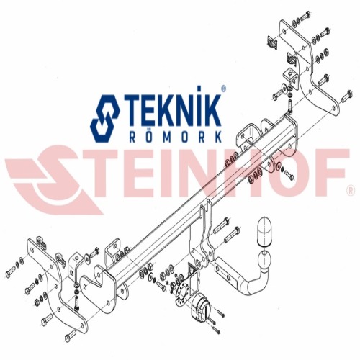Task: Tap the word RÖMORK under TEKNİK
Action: point(175,137)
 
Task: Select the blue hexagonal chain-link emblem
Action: point(105,119)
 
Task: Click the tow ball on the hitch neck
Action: point(264,260)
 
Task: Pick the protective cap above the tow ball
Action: point(264,231)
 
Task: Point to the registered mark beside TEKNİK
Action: point(223,89)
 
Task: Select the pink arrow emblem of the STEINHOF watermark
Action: point(52,179)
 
